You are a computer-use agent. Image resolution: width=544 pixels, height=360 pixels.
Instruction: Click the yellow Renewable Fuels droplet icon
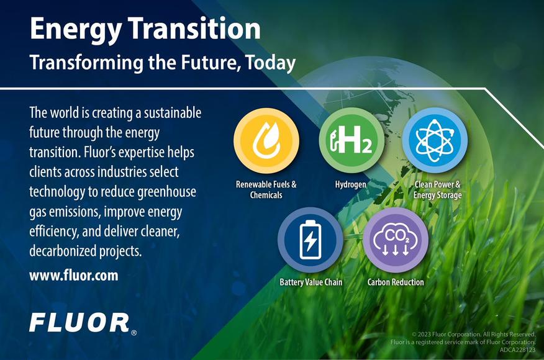click(266, 140)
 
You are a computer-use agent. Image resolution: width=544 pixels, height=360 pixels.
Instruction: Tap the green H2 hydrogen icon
click(351, 140)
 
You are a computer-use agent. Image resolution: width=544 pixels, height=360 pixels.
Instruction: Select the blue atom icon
click(435, 140)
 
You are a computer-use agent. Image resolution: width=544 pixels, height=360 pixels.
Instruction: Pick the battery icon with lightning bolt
click(310, 240)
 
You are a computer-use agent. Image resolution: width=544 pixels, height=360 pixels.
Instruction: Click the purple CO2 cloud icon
click(396, 240)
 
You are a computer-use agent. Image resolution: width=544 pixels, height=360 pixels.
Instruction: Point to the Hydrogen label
click(350, 184)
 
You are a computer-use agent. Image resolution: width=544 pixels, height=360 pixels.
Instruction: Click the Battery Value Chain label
click(311, 282)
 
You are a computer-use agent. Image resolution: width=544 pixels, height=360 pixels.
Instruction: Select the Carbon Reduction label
click(396, 282)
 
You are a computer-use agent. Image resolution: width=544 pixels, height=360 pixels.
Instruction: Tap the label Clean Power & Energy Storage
click(437, 190)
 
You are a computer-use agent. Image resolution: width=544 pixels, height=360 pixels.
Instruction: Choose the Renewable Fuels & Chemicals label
click(266, 190)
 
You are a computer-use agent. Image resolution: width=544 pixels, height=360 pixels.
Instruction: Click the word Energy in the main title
click(76, 29)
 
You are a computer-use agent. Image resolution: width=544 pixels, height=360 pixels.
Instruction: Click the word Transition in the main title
click(195, 28)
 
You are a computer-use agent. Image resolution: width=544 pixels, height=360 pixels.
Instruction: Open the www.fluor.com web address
click(73, 276)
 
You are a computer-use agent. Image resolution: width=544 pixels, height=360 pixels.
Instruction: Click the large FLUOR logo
click(79, 323)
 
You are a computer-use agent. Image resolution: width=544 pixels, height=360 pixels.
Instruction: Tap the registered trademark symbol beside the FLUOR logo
click(134, 333)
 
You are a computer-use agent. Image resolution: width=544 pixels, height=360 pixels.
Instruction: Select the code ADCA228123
click(518, 350)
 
